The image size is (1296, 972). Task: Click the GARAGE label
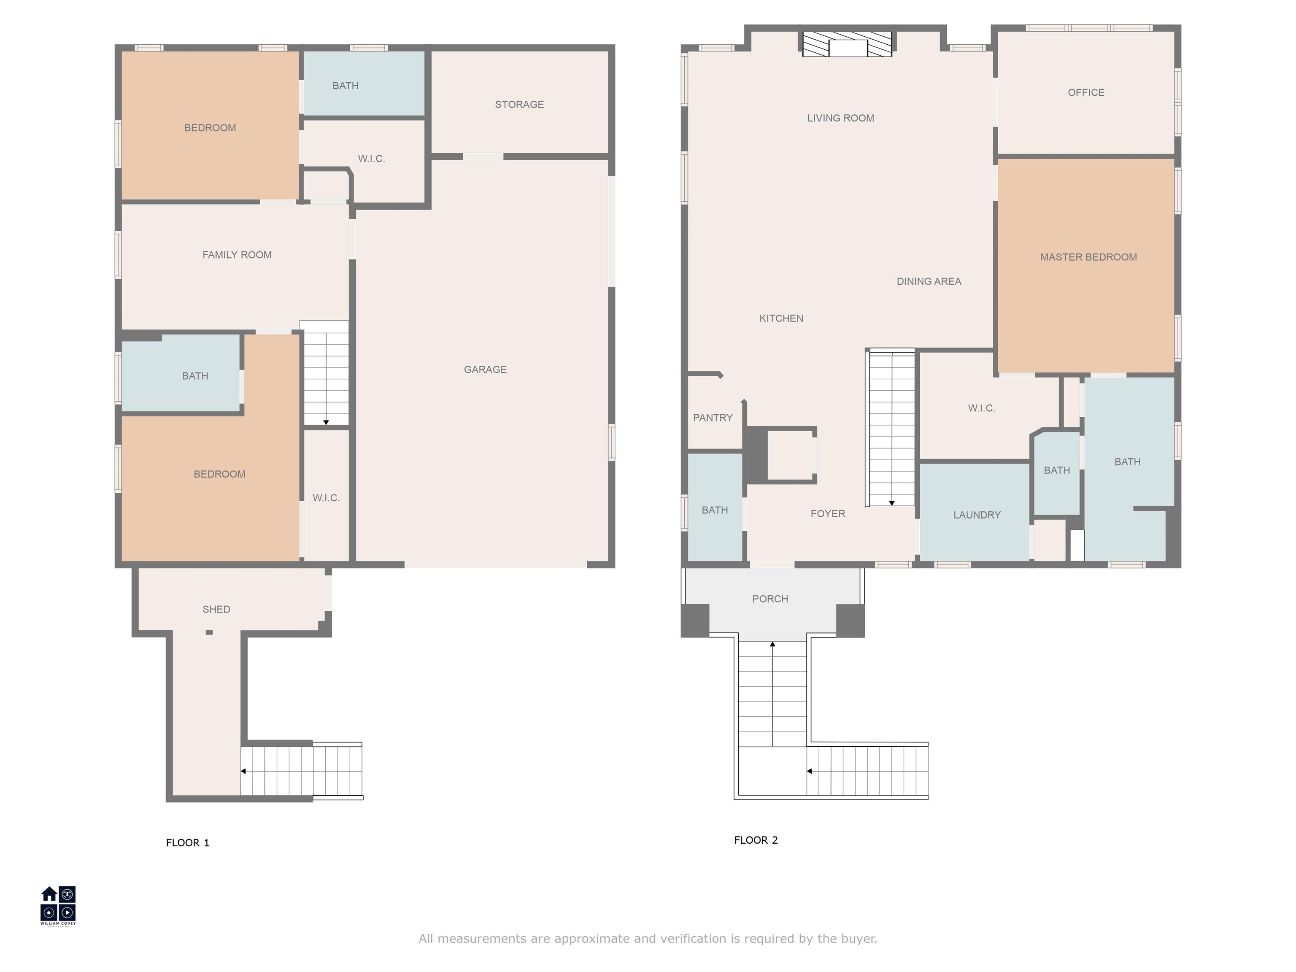tap(485, 369)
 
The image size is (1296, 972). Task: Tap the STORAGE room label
tap(519, 104)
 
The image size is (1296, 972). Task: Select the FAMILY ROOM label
tap(237, 255)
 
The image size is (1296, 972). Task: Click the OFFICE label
tap(1085, 92)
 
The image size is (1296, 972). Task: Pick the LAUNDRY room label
tap(977, 515)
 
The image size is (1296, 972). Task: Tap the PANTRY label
tap(713, 418)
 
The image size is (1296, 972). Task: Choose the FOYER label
tap(827, 514)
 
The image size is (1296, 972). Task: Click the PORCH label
tap(770, 599)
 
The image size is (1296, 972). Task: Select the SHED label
tap(216, 609)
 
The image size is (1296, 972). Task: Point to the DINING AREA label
tap(929, 281)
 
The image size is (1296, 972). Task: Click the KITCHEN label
tap(781, 318)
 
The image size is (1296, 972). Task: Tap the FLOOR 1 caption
tap(187, 842)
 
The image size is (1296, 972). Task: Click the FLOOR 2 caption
tap(756, 840)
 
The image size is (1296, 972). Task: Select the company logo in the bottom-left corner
tap(58, 906)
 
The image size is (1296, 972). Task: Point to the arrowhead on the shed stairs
tap(243, 771)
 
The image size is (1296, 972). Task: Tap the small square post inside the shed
tap(209, 632)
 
